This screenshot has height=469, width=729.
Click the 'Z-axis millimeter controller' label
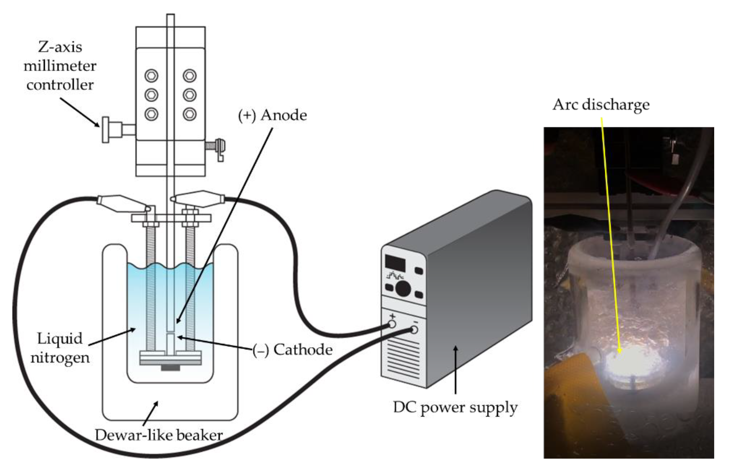click(60, 66)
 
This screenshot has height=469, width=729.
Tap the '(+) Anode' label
click(272, 115)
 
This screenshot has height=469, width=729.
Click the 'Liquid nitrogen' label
click(60, 348)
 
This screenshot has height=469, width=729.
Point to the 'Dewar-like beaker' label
click(159, 435)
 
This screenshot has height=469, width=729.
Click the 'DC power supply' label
click(455, 407)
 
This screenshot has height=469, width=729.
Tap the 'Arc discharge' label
click(601, 104)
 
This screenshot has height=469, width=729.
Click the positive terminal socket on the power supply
click(392, 324)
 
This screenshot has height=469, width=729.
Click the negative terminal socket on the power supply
click(414, 330)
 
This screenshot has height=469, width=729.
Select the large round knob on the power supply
click(403, 288)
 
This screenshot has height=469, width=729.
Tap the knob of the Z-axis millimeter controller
click(106, 130)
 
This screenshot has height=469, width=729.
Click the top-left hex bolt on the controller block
click(151, 75)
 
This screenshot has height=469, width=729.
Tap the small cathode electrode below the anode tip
click(171, 344)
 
